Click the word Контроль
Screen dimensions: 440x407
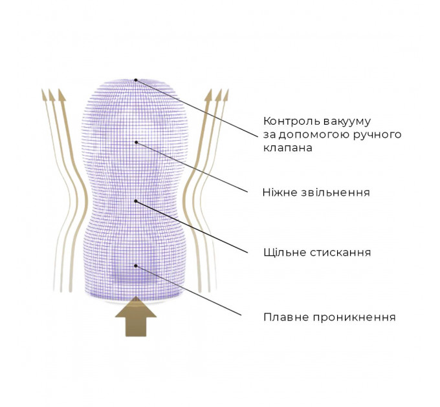pyautogui.click(x=292, y=121)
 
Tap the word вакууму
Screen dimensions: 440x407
pyautogui.click(x=347, y=122)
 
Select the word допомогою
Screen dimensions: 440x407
pyautogui.click(x=312, y=135)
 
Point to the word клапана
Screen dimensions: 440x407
pyautogui.click(x=288, y=147)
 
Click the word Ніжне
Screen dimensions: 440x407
pyautogui.click(x=280, y=193)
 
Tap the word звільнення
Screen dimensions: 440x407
pyautogui.click(x=335, y=193)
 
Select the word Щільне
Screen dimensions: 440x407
pyautogui.click(x=285, y=253)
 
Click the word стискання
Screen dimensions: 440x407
pyautogui.click(x=340, y=253)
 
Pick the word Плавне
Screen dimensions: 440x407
pyautogui.click(x=286, y=317)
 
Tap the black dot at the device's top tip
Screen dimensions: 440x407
pyautogui.click(x=135, y=80)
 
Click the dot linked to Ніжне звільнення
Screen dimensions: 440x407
pyautogui.click(x=136, y=142)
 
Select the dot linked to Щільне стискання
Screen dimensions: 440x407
pyautogui.click(x=136, y=201)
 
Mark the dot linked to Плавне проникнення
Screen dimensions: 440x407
pyautogui.click(x=136, y=266)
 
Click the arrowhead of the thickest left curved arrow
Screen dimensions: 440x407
pyautogui.click(x=61, y=95)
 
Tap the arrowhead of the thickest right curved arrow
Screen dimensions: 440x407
pyautogui.click(x=208, y=95)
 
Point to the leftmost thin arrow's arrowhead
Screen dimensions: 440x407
pyautogui.click(x=43, y=94)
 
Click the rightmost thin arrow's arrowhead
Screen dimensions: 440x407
pyautogui.click(x=226, y=94)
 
